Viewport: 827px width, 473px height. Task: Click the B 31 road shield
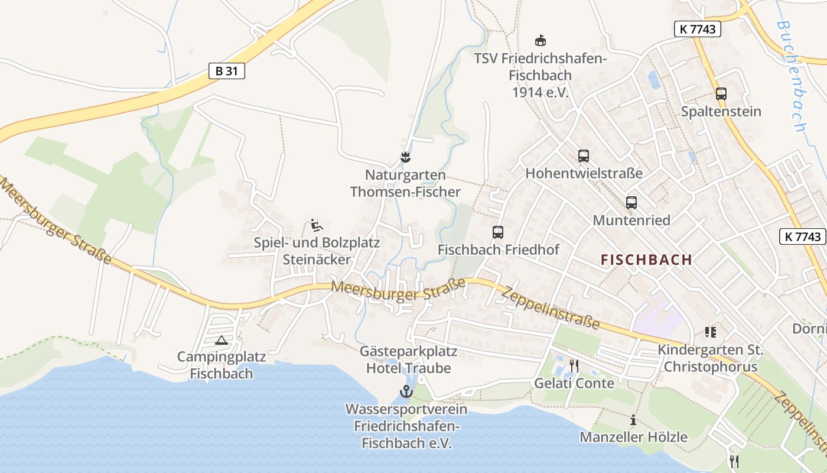(227, 71)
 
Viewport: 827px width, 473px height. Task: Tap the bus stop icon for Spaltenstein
(721, 93)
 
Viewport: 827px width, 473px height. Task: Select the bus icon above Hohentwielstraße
(584, 156)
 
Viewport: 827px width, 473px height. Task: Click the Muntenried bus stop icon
(631, 203)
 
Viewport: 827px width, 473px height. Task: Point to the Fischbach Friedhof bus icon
(498, 232)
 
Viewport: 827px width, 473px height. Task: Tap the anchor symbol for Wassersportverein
(406, 391)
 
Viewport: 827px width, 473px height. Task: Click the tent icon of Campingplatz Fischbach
(222, 340)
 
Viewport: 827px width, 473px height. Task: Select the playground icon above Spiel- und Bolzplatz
(317, 225)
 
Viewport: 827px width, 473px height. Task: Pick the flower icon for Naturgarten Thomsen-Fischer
(405, 157)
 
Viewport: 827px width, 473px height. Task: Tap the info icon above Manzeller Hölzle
(633, 420)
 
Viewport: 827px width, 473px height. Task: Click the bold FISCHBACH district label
(646, 260)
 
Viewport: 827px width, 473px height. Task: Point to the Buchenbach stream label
(792, 77)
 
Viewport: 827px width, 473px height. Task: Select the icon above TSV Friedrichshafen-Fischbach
(540, 41)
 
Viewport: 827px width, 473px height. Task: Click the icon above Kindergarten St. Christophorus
(710, 333)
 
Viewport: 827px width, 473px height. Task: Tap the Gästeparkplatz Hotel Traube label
(409, 360)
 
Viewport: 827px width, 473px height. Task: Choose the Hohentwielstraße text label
(584, 174)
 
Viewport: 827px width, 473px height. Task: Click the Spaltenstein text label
(721, 111)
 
